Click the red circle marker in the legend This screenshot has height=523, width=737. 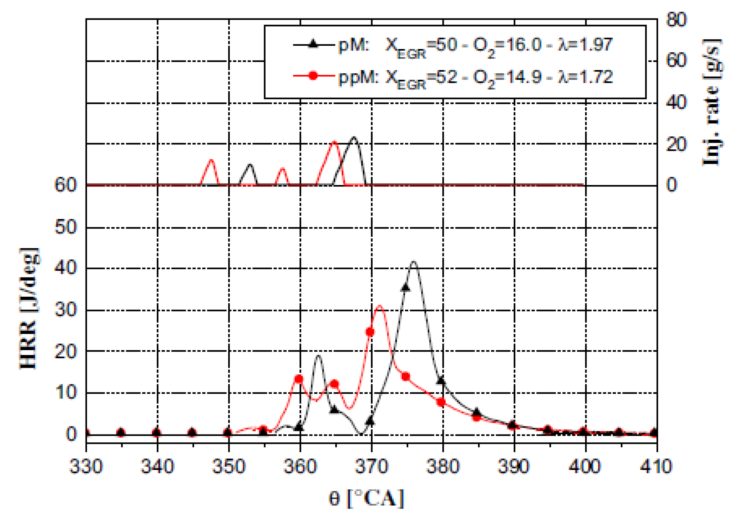point(313,76)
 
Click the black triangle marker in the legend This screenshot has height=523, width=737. point(313,44)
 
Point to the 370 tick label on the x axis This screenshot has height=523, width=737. point(371,467)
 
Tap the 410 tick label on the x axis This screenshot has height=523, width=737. point(656,467)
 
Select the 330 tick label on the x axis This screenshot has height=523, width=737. point(86,467)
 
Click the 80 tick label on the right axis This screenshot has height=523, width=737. point(677,19)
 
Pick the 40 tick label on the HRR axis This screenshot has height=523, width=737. point(65,268)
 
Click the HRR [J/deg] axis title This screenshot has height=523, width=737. point(29,309)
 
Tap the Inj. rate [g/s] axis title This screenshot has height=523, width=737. point(712,102)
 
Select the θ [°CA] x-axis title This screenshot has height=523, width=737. point(366,499)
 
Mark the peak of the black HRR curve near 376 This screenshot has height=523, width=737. point(414,262)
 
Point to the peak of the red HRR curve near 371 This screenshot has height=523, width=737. point(380,306)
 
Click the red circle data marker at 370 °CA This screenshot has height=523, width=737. point(370,332)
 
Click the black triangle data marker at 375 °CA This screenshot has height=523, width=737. point(406,287)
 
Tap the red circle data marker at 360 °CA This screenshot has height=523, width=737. point(299,379)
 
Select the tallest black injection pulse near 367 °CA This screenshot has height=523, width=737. point(354,137)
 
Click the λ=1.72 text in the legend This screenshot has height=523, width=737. point(585,77)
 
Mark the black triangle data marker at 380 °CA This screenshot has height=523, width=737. point(441,380)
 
